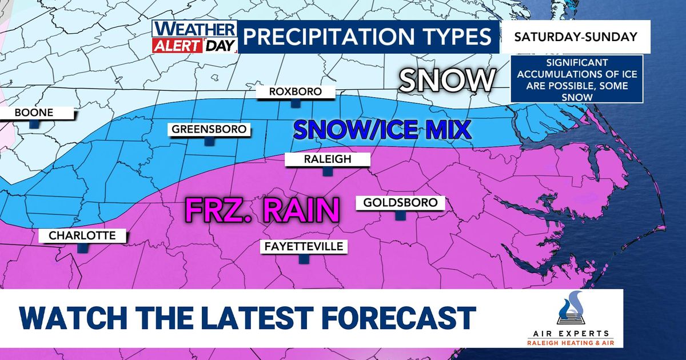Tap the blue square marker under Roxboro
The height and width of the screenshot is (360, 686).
[x=296, y=103]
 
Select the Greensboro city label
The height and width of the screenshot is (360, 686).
[x=210, y=130]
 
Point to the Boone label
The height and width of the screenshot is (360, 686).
[x=34, y=113]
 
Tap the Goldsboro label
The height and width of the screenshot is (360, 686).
[x=400, y=203]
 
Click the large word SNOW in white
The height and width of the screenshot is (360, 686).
[x=446, y=81]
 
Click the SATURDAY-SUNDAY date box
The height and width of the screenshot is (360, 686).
[x=576, y=37]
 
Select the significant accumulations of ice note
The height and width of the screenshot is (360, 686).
[x=576, y=79]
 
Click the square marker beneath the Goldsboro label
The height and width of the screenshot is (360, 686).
[x=400, y=215]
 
